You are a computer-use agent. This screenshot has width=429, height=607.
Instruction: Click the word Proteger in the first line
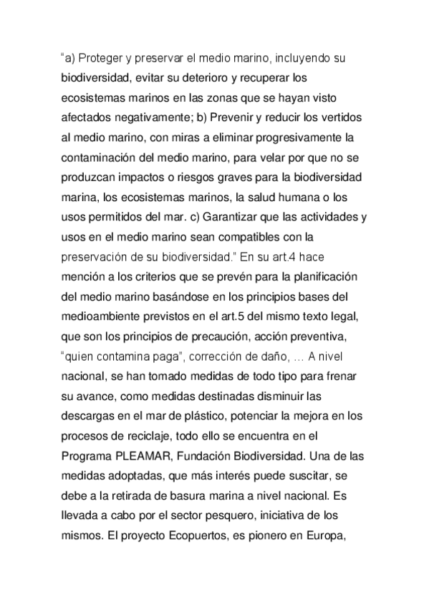110,57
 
